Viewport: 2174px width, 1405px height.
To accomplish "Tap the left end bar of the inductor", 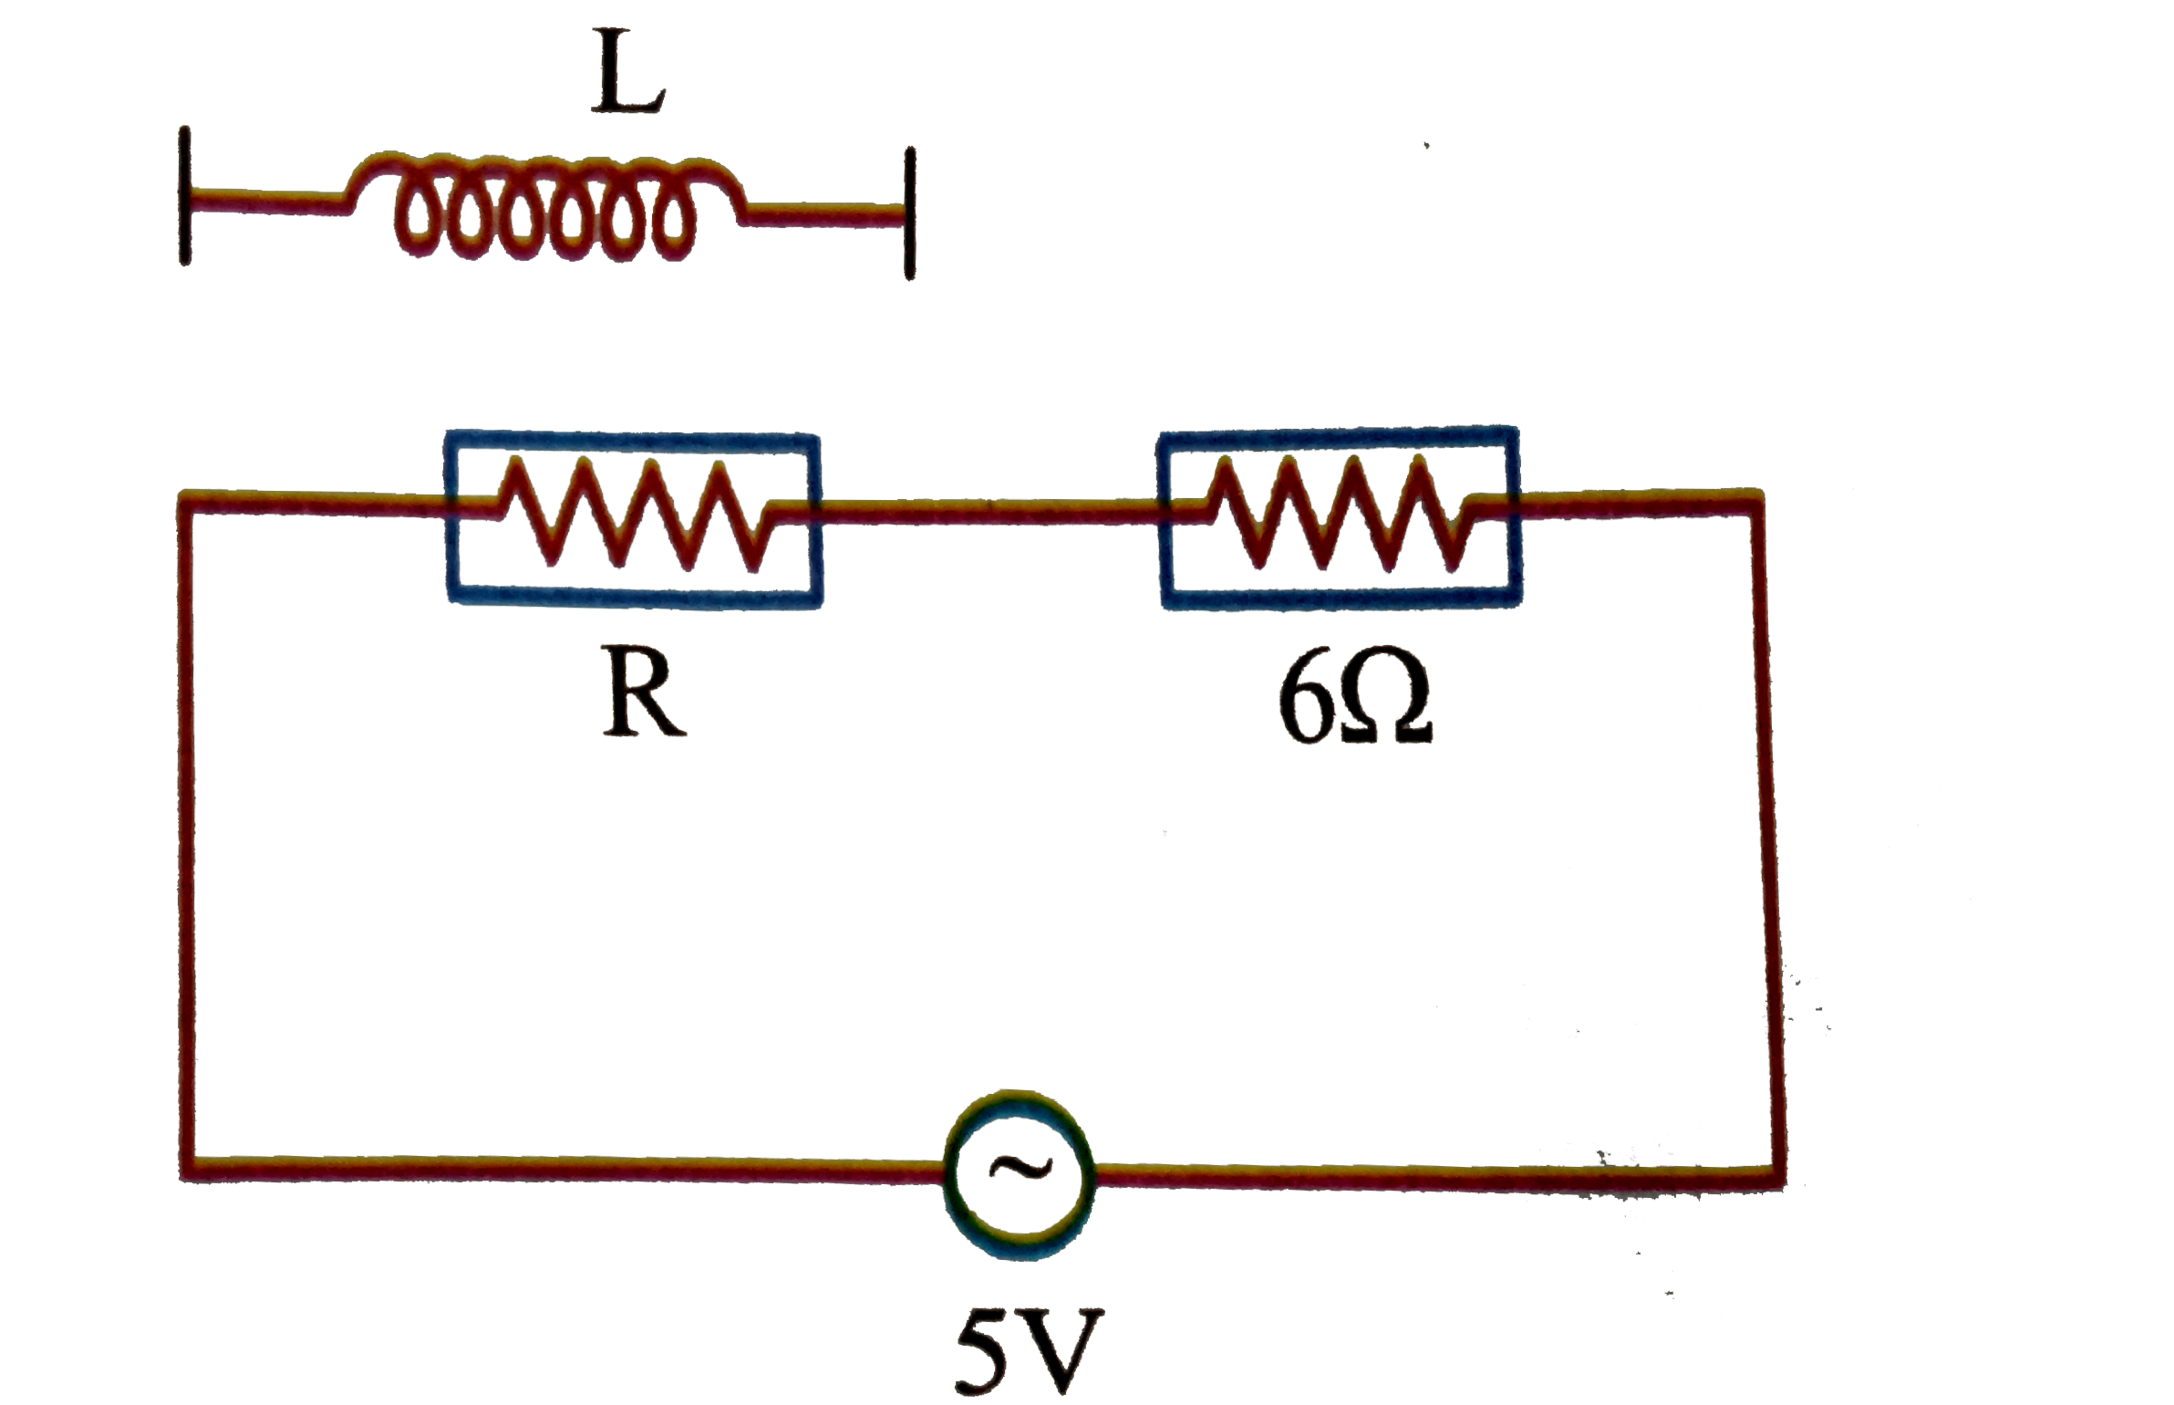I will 185,195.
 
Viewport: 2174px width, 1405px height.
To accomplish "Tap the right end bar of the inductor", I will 909,213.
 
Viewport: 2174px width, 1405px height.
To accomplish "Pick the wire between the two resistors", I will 989,516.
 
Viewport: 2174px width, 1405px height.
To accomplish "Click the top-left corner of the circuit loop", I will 190,504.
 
